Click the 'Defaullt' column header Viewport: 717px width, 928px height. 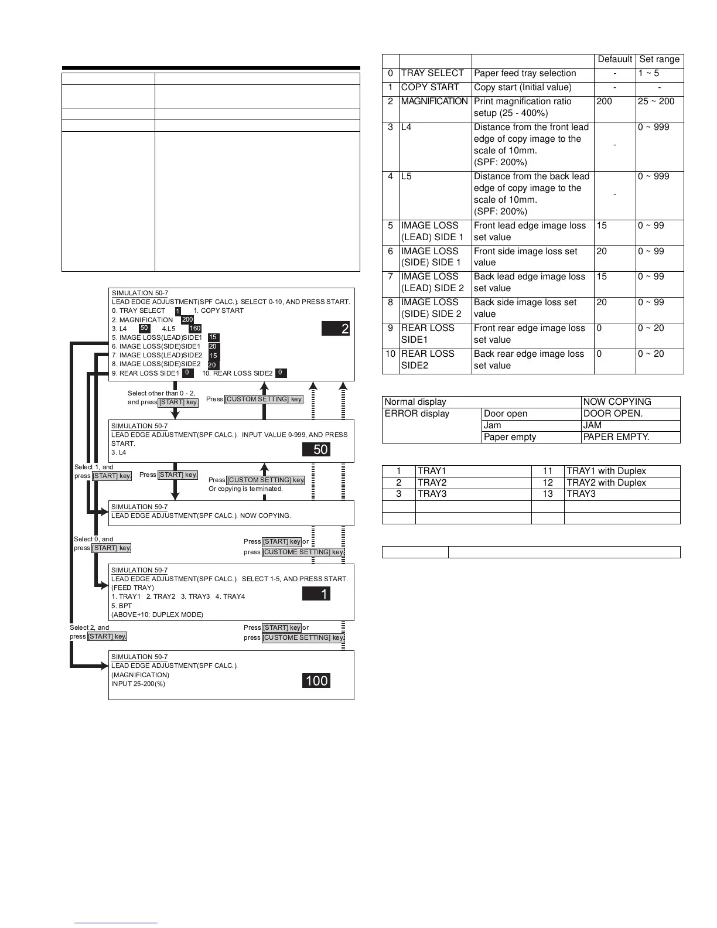point(614,59)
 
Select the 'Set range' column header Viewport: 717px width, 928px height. point(659,59)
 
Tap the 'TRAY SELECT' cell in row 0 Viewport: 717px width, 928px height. point(432,73)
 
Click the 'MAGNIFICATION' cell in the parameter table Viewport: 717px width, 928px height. point(434,101)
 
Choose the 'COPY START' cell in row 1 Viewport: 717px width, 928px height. point(430,87)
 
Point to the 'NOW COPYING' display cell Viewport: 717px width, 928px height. point(617,402)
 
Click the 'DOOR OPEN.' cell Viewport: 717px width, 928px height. point(613,414)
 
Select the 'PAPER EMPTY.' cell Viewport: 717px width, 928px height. point(616,437)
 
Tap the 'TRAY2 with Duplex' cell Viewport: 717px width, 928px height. point(606,483)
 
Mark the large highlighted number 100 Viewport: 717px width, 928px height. point(317,681)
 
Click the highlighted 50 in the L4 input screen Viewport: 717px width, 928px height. point(320,449)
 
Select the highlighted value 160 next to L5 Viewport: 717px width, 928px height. point(195,329)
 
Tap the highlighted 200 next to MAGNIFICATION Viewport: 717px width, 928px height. point(187,320)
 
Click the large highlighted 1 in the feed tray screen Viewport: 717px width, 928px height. point(324,594)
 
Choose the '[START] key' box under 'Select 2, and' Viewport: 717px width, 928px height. point(107,636)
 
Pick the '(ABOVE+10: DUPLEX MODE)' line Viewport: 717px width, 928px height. point(157,615)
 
